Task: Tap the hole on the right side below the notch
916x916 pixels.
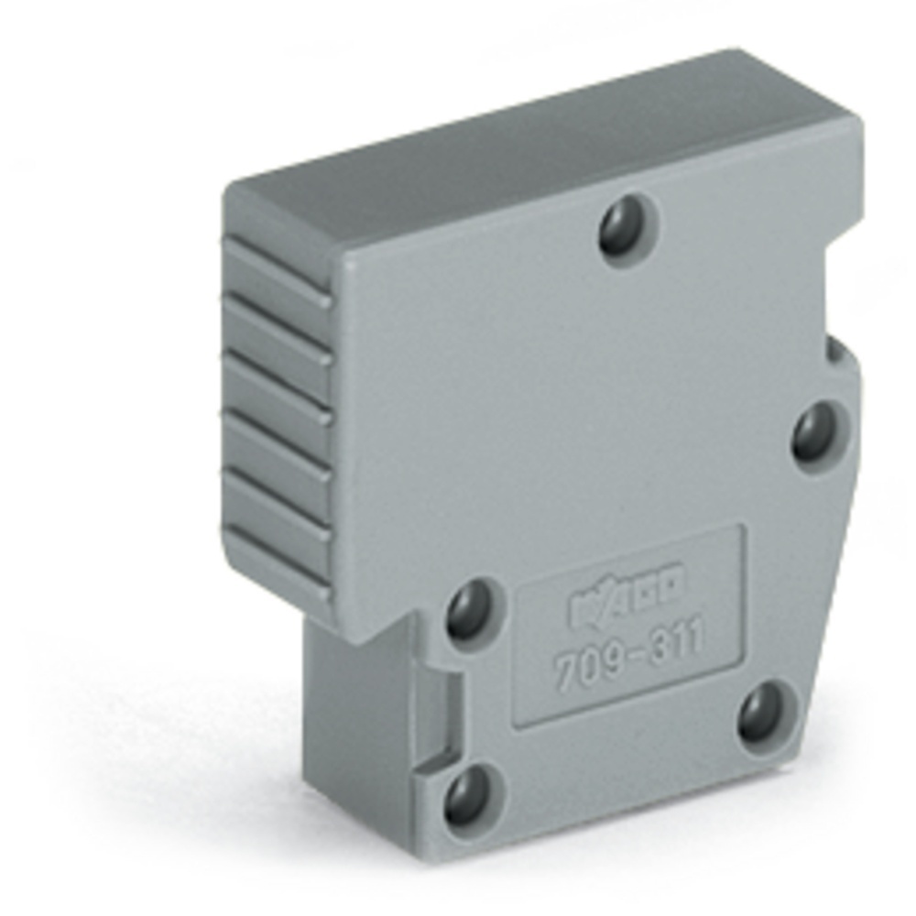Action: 816,433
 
